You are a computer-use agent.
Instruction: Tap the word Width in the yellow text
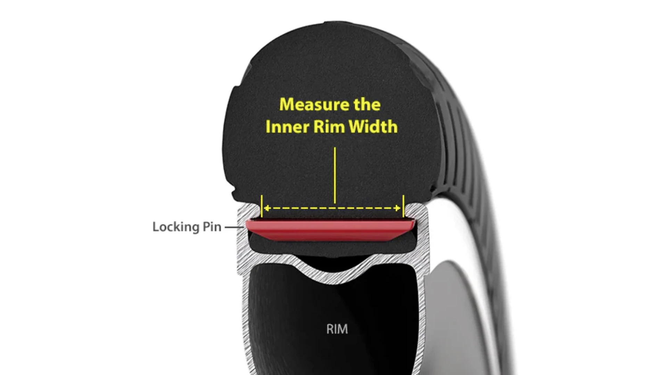[x=373, y=126]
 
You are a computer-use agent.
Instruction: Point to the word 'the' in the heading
[x=367, y=105]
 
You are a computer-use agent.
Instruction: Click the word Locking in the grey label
[x=176, y=227]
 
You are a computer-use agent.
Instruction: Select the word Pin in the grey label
[x=211, y=227]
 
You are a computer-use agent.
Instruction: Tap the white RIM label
[x=337, y=329]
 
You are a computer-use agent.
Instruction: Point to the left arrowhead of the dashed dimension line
[x=267, y=208]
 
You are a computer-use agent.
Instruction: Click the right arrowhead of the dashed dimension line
[x=397, y=208]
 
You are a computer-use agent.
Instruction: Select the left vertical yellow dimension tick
[x=262, y=206]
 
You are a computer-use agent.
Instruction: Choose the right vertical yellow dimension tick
[x=403, y=206]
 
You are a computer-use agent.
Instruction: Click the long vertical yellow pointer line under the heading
[x=335, y=175]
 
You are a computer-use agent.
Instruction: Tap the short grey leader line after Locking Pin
[x=233, y=227]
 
